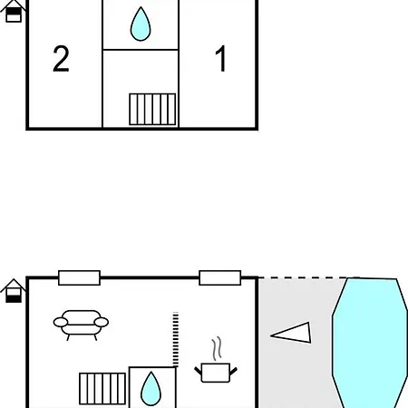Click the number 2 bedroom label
pyautogui.click(x=61, y=59)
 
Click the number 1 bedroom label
pyautogui.click(x=221, y=58)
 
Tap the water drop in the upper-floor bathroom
pyautogui.click(x=141, y=24)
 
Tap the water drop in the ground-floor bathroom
pyautogui.click(x=151, y=389)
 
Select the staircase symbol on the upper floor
pyautogui.click(x=152, y=109)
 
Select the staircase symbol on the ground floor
pyautogui.click(x=102, y=389)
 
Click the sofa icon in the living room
pyautogui.click(x=81, y=325)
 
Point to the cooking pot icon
pyautogui.click(x=216, y=373)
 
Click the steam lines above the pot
pyautogui.click(x=217, y=348)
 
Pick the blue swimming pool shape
pyautogui.click(x=370, y=343)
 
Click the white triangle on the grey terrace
pyautogui.click(x=291, y=333)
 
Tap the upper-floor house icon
pyautogui.click(x=14, y=11)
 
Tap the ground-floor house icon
pyautogui.click(x=14, y=291)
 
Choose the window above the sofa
pyautogui.click(x=79, y=277)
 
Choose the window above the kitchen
pyautogui.click(x=220, y=277)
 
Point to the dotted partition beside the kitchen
pyautogui.click(x=176, y=339)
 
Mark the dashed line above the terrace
pyautogui.click(x=303, y=277)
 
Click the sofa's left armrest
pyautogui.click(x=61, y=322)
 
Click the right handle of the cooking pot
pyautogui.click(x=234, y=371)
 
